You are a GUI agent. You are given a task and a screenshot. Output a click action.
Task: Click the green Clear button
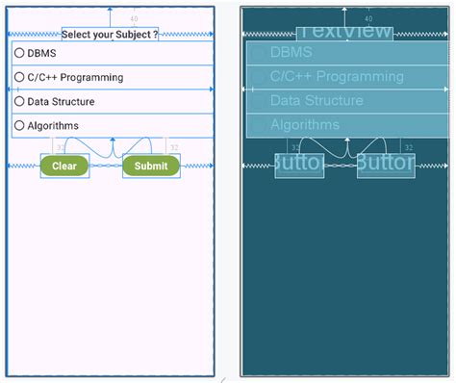[x=63, y=166]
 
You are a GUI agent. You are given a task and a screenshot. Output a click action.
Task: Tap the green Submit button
[x=151, y=166]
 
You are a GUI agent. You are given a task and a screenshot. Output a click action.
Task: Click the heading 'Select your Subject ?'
[x=110, y=34]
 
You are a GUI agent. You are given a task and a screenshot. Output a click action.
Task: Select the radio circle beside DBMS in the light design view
[x=18, y=52]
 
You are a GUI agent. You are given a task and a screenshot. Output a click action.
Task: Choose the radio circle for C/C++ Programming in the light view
[x=18, y=77]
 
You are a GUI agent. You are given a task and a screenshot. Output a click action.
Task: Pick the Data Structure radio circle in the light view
[x=18, y=101]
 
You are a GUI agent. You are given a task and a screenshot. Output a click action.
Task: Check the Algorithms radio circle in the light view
[x=18, y=125]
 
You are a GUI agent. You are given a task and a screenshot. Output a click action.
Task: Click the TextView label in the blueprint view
[x=344, y=32]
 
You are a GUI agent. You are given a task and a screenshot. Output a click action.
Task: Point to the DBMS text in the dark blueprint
[x=291, y=52]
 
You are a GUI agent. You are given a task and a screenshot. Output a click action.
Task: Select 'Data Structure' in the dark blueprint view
[x=317, y=100]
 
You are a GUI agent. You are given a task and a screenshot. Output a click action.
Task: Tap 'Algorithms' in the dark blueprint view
[x=305, y=124]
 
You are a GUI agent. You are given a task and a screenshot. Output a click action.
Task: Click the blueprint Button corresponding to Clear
[x=298, y=166]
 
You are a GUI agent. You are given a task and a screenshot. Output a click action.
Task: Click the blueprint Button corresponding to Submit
[x=386, y=166]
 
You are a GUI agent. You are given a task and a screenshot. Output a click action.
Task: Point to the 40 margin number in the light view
[x=133, y=18]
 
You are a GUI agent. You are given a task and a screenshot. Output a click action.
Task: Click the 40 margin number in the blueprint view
[x=368, y=18]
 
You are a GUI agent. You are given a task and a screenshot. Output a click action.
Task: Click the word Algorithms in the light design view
[x=53, y=125]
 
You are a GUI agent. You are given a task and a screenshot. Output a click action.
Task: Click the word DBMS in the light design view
[x=41, y=52]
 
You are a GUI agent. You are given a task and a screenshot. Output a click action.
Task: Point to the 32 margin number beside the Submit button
[x=174, y=147]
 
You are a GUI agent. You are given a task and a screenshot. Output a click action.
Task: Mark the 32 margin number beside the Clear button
[x=62, y=147]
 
